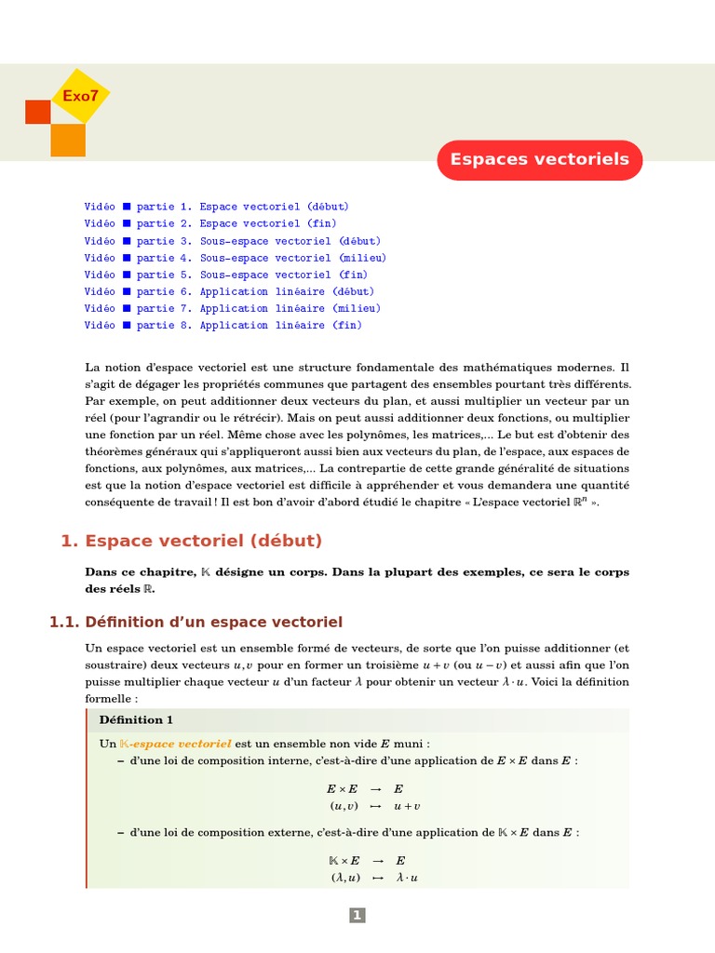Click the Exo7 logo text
[x=79, y=96]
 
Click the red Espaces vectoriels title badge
[x=539, y=159]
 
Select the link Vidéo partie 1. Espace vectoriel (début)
[x=216, y=207]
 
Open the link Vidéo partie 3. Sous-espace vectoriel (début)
[x=232, y=241]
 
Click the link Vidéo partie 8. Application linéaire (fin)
[x=223, y=325]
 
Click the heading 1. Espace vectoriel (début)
[x=191, y=541]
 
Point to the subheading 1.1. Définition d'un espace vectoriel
[x=196, y=622]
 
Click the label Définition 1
[x=136, y=719]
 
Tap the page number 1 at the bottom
[x=357, y=916]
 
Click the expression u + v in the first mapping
[x=407, y=806]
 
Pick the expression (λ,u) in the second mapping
[x=344, y=878]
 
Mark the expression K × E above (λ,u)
[x=344, y=861]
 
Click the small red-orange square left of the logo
[x=37, y=112]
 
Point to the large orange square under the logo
[x=68, y=140]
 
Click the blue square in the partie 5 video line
[x=127, y=275]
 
